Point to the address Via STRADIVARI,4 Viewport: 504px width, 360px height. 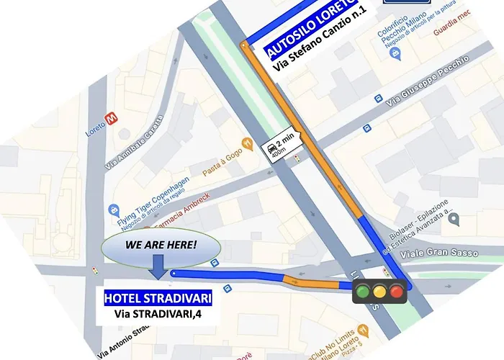coord(157,314)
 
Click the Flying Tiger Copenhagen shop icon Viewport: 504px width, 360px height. coord(114,210)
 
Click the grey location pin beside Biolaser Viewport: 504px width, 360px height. coord(453,222)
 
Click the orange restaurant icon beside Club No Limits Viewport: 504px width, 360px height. coord(362,330)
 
